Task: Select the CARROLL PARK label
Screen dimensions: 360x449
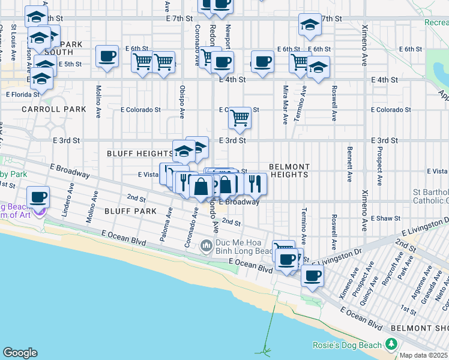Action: pyautogui.click(x=46, y=109)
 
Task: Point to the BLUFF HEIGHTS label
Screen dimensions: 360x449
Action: pyautogui.click(x=140, y=154)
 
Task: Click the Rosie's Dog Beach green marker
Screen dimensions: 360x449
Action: pyautogui.click(x=392, y=344)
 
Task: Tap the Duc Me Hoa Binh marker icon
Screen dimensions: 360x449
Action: pyautogui.click(x=206, y=245)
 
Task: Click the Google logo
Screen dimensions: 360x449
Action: pyautogui.click(x=20, y=353)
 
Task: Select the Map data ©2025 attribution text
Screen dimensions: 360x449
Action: pyautogui.click(x=424, y=355)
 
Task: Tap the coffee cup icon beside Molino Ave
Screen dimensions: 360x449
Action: pyautogui.click(x=107, y=56)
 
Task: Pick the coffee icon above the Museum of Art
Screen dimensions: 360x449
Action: pyautogui.click(x=39, y=196)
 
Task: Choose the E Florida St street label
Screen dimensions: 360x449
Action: pyautogui.click(x=23, y=94)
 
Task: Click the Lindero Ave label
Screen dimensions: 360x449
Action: pyautogui.click(x=68, y=204)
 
